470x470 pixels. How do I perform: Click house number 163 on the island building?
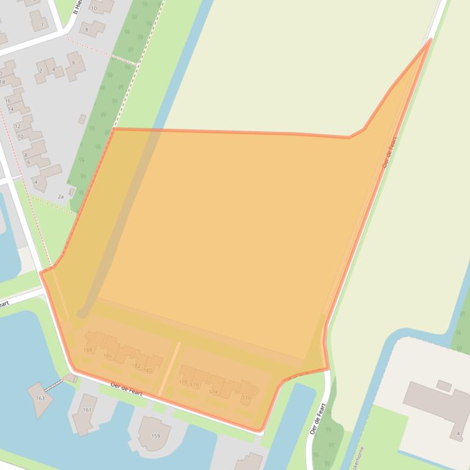(x=40, y=398)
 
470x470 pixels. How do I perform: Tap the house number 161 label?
(x=87, y=410)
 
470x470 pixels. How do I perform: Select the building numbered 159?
(x=155, y=436)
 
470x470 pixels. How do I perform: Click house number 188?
(x=88, y=350)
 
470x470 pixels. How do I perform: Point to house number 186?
(x=108, y=356)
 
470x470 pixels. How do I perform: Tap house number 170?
(x=246, y=398)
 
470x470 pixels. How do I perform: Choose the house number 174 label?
(x=213, y=392)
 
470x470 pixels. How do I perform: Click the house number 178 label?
(x=183, y=382)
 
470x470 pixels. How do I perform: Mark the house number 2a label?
(x=61, y=197)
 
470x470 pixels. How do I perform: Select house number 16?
(x=8, y=100)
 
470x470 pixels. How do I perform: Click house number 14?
(x=10, y=109)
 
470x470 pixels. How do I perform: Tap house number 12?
(x=17, y=126)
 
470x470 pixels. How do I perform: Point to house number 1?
(x=42, y=25)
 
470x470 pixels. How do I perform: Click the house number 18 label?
(x=2, y=82)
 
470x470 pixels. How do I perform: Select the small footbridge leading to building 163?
(x=55, y=384)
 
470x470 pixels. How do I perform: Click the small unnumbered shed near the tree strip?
(x=82, y=119)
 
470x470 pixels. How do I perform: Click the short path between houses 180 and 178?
(x=169, y=369)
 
